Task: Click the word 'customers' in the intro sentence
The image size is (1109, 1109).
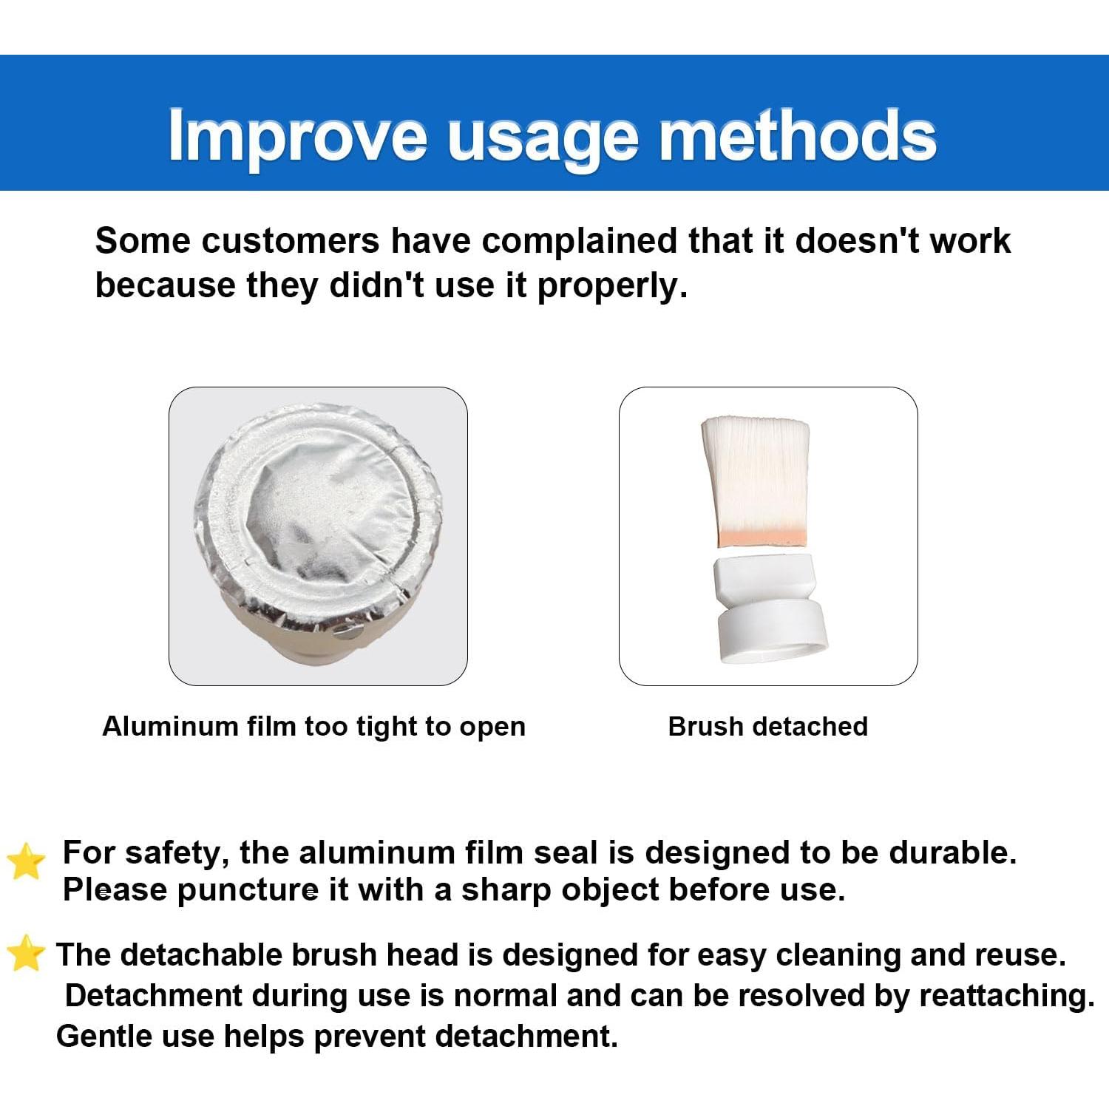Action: [291, 241]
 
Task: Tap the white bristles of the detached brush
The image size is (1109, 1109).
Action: [756, 473]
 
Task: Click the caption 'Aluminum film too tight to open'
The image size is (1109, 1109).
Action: [314, 727]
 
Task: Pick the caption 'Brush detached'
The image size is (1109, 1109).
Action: [767, 727]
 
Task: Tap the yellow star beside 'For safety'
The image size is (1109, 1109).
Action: [26, 861]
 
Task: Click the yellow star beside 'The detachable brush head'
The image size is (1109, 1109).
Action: [26, 953]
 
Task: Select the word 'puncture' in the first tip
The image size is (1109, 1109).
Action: [248, 891]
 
